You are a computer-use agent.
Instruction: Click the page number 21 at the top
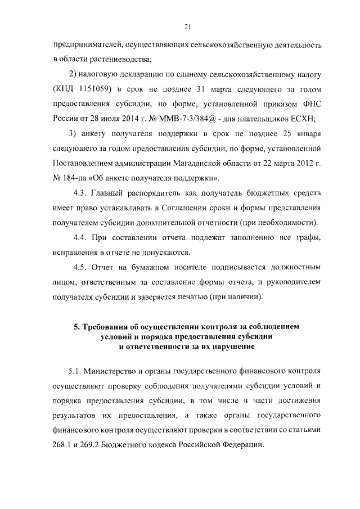click(188, 25)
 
